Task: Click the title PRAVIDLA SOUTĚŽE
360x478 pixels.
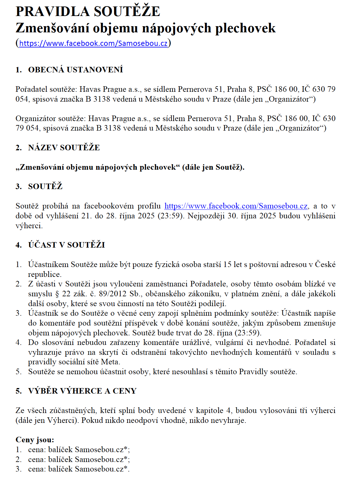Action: (88, 12)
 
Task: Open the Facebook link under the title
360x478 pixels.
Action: (93, 43)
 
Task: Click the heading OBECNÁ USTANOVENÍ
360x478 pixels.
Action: (76, 70)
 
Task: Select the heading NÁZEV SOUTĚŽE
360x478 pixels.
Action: (64, 148)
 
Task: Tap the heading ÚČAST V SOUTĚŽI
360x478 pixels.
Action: (66, 245)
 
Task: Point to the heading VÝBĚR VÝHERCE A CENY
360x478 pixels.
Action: (82, 391)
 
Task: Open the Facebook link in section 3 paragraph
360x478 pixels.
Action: (236, 206)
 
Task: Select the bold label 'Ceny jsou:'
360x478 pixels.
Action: (35, 440)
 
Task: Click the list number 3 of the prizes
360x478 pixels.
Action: (18, 469)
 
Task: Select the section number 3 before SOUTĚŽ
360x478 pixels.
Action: (18, 187)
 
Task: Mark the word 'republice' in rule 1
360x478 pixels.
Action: (44, 274)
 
